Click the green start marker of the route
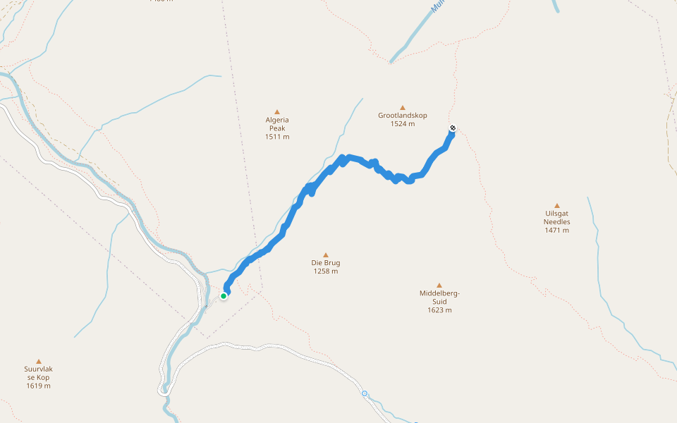(x=224, y=296)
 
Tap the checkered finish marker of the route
(x=453, y=128)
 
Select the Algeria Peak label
(x=277, y=124)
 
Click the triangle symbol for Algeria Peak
(x=277, y=111)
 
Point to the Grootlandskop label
(x=403, y=116)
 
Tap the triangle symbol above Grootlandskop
(x=403, y=108)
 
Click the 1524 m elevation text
(x=403, y=124)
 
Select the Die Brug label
(x=326, y=263)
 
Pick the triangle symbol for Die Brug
(x=326, y=255)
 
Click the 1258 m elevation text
(x=326, y=271)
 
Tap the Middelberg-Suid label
(x=439, y=298)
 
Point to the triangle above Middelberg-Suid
(x=439, y=286)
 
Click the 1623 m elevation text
(x=439, y=310)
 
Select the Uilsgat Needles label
(x=557, y=218)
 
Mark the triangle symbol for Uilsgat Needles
(x=557, y=206)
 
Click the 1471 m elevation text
(x=557, y=231)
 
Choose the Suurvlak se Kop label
(x=39, y=373)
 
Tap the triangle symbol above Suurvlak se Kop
(x=39, y=361)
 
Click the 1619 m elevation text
(x=39, y=386)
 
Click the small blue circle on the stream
(x=365, y=393)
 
